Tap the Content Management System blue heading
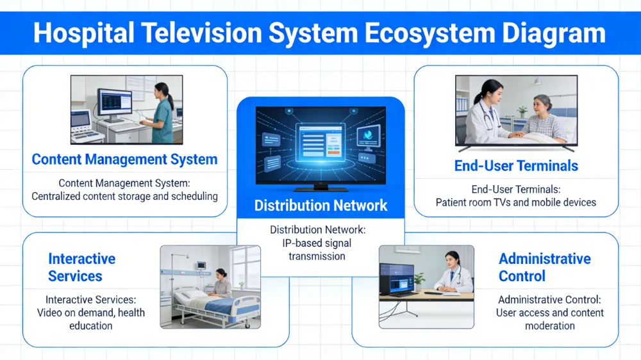[124, 160]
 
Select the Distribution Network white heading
[320, 206]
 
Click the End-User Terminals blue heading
[516, 166]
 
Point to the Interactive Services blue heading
[81, 268]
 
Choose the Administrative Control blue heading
[545, 268]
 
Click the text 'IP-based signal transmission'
[320, 250]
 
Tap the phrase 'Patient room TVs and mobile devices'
[516, 202]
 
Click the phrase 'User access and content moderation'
[550, 319]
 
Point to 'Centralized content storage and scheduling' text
[124, 196]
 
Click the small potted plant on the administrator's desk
[419, 280]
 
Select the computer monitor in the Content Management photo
[114, 102]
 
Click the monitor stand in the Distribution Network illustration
[320, 186]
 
